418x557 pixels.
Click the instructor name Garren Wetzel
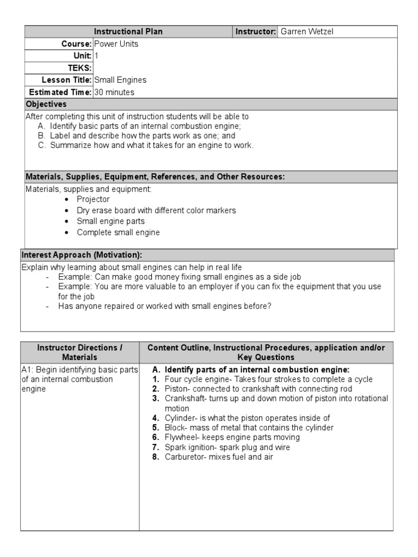306,32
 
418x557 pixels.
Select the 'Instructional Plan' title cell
129,32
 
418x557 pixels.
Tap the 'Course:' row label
76,44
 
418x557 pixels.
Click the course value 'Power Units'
116,44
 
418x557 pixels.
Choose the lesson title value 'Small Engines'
120,80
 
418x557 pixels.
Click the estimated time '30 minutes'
114,92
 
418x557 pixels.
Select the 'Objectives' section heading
46,104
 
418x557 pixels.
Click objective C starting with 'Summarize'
152,145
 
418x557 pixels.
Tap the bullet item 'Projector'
93,199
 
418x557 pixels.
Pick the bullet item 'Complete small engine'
118,232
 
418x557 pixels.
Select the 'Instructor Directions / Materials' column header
79,352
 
